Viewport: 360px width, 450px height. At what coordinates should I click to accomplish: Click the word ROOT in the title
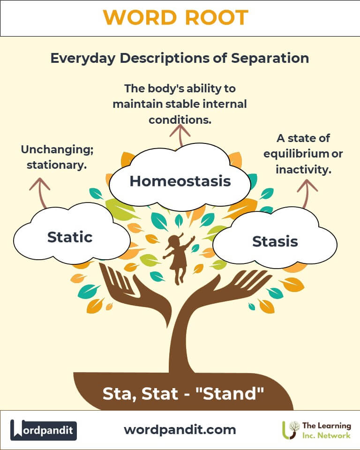pyautogui.click(x=217, y=17)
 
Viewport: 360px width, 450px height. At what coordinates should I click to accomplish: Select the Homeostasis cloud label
pyautogui.click(x=180, y=181)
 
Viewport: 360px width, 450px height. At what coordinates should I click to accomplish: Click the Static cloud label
pyautogui.click(x=70, y=237)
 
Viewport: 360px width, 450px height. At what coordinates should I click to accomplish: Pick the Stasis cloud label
pyautogui.click(x=275, y=241)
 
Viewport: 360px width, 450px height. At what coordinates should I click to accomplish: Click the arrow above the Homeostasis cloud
pyautogui.click(x=180, y=135)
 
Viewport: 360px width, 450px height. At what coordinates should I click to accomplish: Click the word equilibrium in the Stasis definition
pyautogui.click(x=296, y=154)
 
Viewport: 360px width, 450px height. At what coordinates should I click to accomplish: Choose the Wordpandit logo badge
pyautogui.click(x=44, y=430)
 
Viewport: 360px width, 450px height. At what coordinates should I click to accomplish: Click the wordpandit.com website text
pyautogui.click(x=180, y=430)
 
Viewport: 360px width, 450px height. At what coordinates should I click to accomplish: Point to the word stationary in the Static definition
pyautogui.click(x=57, y=165)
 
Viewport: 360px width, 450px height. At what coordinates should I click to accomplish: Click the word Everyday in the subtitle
pyautogui.click(x=83, y=59)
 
